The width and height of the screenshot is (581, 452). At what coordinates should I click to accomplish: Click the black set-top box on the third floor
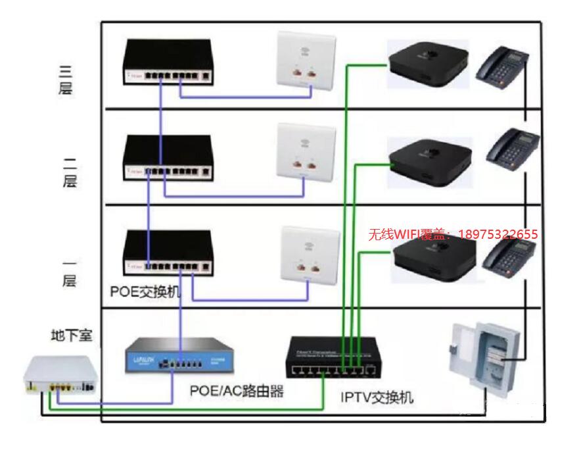[427, 63]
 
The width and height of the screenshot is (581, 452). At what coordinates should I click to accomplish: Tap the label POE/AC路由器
[237, 391]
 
